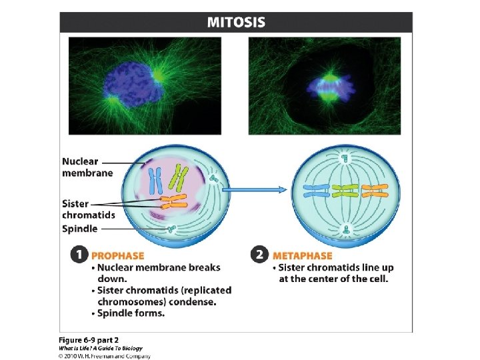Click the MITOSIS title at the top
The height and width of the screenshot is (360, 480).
pyautogui.click(x=236, y=22)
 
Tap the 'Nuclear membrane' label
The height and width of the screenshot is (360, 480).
pyautogui.click(x=80, y=167)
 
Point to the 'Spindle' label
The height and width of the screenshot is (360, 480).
pyautogui.click(x=79, y=229)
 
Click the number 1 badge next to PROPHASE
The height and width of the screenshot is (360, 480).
pyautogui.click(x=80, y=255)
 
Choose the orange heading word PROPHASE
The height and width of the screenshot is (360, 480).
pyautogui.click(x=117, y=255)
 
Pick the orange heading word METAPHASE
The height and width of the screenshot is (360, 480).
pyautogui.click(x=302, y=255)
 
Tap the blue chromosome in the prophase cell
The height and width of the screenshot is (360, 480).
pyautogui.click(x=155, y=179)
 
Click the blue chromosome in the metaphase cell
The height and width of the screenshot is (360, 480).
pyautogui.click(x=316, y=192)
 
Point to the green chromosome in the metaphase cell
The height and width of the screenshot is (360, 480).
pyautogui.click(x=345, y=192)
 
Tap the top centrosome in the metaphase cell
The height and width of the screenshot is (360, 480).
pyautogui.click(x=345, y=159)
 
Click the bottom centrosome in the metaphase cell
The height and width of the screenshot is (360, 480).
pyautogui.click(x=345, y=230)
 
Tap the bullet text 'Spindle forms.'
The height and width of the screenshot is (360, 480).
pyautogui.click(x=131, y=313)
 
